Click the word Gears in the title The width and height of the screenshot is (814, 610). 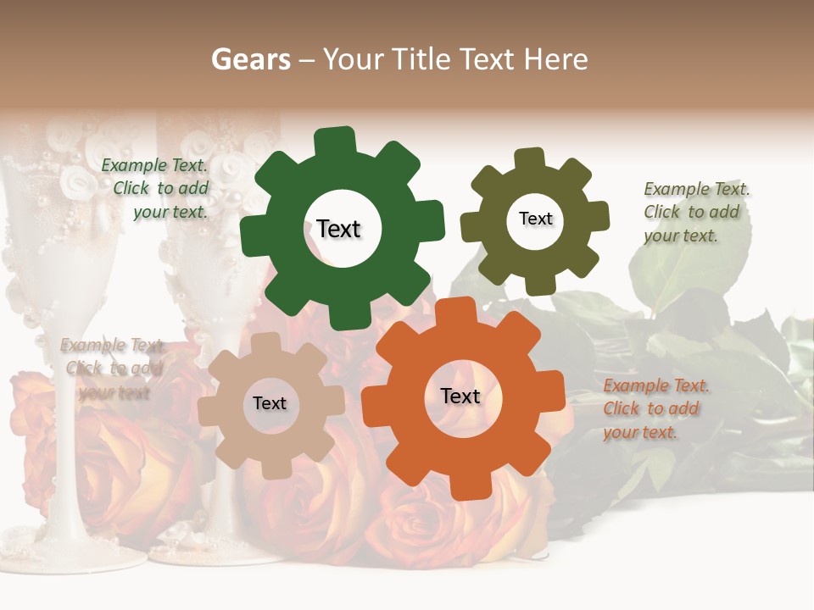251,59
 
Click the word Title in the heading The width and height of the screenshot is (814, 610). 423,59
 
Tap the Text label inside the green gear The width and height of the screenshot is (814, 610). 338,229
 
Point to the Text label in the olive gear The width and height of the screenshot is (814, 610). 535,219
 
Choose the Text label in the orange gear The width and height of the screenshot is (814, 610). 460,396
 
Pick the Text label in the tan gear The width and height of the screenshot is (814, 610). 270,403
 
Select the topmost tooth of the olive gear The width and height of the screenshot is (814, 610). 530,159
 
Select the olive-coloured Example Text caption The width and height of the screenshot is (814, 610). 695,212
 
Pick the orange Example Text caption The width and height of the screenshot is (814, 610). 655,409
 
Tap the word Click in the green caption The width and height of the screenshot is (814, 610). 131,189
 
